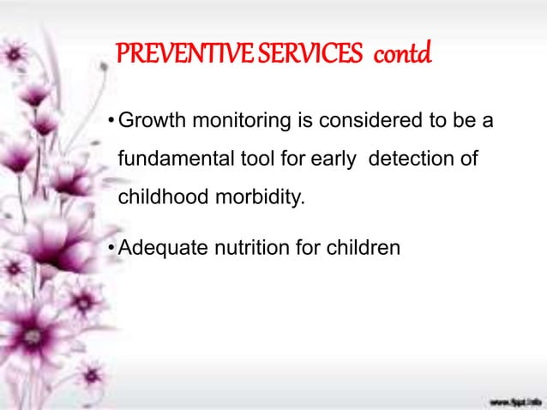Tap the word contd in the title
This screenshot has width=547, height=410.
[x=400, y=56]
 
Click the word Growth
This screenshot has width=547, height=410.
[x=148, y=122]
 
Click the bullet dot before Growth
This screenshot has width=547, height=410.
[x=111, y=123]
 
